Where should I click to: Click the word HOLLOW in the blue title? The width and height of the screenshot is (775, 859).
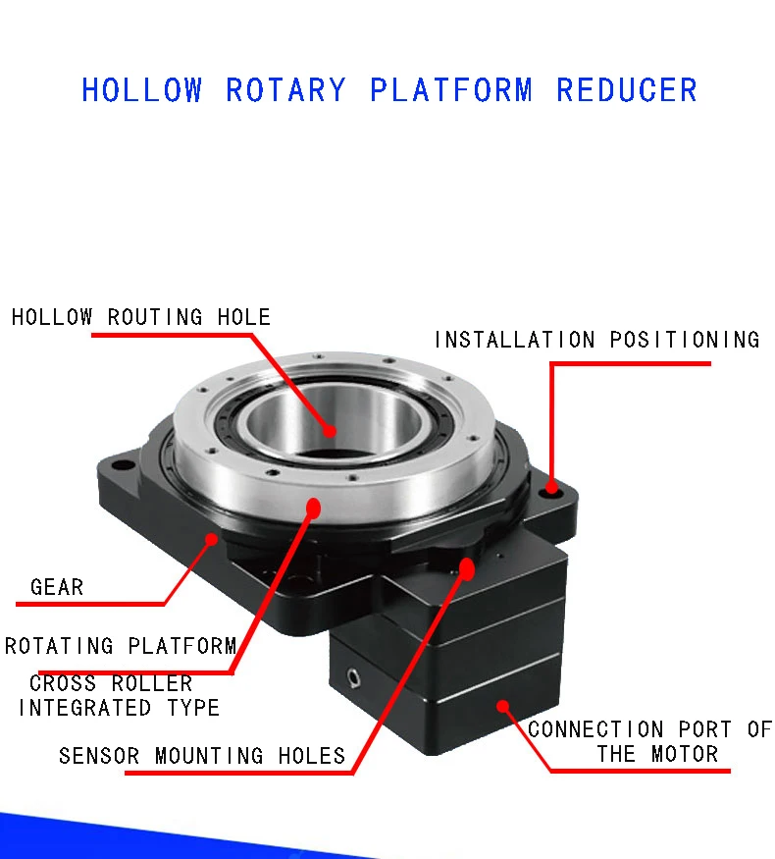coord(141,90)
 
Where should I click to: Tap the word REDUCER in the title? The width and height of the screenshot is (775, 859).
coord(627,90)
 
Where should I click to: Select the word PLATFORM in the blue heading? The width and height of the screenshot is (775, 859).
coord(451,90)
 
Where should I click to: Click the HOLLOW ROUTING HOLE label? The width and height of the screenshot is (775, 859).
coord(141,317)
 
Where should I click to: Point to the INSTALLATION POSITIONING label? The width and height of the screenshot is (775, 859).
coord(596,340)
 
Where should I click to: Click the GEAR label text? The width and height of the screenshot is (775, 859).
coord(57,587)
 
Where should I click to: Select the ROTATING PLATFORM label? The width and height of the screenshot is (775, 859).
coord(121,646)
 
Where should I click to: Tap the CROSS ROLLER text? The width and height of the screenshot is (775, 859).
coord(111,683)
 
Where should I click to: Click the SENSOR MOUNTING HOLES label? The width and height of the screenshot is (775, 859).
coord(202,756)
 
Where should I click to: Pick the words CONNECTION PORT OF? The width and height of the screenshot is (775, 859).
coord(649,729)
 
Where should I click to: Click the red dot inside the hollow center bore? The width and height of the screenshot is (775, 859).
coord(331,430)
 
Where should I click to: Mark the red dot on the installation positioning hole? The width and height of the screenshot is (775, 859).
coord(551,487)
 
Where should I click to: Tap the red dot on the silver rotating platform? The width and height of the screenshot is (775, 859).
coord(314,507)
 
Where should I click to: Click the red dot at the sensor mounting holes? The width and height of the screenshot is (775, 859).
coord(466,568)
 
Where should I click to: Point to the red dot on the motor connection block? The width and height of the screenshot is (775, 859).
coord(502,705)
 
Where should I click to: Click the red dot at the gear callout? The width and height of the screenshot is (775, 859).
coord(213,539)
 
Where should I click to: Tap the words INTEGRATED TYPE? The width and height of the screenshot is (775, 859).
coord(119,707)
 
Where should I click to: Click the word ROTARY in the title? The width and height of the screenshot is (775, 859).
coord(285,90)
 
